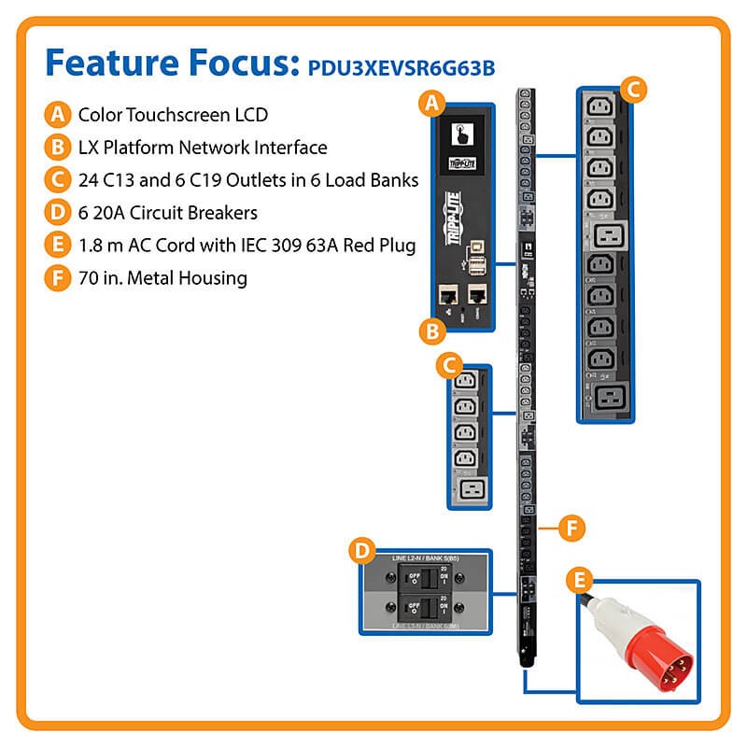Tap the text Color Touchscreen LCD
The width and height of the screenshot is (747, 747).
[173, 115]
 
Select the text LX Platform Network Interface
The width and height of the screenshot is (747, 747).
[202, 147]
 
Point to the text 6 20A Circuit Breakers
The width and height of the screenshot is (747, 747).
[167, 212]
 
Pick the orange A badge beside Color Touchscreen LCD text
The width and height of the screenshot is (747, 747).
[58, 115]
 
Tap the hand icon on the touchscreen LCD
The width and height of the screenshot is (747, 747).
[460, 133]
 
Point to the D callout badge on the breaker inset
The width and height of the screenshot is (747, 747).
[360, 551]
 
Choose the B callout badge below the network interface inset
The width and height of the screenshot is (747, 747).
[431, 331]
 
